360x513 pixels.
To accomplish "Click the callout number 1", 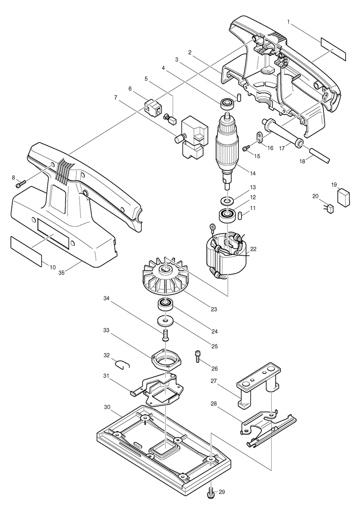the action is pos(288,22).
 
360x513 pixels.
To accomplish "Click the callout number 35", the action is pos(61,272).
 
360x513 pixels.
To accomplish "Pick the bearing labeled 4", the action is pos(226,103).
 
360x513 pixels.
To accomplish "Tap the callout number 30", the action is pos(107,407).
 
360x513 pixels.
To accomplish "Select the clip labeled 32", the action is pos(123,364).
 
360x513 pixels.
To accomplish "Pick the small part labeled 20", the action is pos(329,209).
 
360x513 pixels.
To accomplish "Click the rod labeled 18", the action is pos(320,155).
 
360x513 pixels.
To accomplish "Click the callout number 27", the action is pos(214,381).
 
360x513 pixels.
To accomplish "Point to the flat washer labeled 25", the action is pos(165,321).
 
